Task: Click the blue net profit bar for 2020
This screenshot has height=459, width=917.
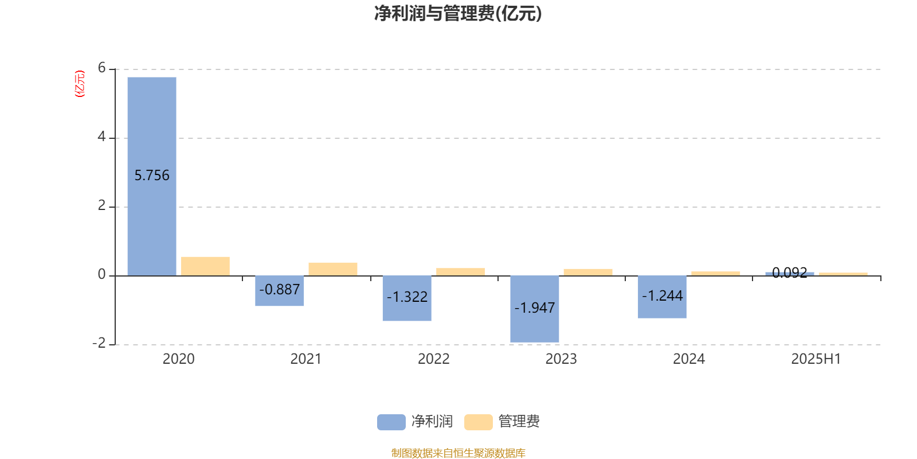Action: point(152,176)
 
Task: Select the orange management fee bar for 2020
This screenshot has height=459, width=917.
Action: point(206,266)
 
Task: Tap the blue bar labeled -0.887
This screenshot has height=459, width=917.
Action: point(280,290)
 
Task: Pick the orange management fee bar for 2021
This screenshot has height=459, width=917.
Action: point(333,269)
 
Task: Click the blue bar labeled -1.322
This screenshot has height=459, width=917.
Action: point(407,298)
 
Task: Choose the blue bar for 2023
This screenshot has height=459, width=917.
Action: point(535,309)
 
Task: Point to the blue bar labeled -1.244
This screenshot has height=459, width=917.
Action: point(663,297)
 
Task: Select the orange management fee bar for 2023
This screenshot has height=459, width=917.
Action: point(588,273)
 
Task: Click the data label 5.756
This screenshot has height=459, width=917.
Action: point(152,176)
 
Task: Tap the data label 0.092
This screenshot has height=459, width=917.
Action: point(790,273)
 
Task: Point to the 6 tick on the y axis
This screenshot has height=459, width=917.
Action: point(102,68)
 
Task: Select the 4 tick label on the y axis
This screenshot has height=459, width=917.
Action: point(102,137)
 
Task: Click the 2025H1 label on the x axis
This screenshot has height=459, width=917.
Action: point(816,359)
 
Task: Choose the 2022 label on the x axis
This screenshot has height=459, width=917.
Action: point(433,359)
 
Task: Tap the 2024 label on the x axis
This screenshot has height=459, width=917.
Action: point(689,359)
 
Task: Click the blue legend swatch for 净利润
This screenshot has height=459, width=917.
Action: point(391,422)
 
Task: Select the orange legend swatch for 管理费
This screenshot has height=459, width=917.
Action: point(478,422)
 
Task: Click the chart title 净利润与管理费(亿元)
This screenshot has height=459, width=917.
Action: point(458,14)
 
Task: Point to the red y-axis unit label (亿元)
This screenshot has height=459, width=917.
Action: point(80,84)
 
